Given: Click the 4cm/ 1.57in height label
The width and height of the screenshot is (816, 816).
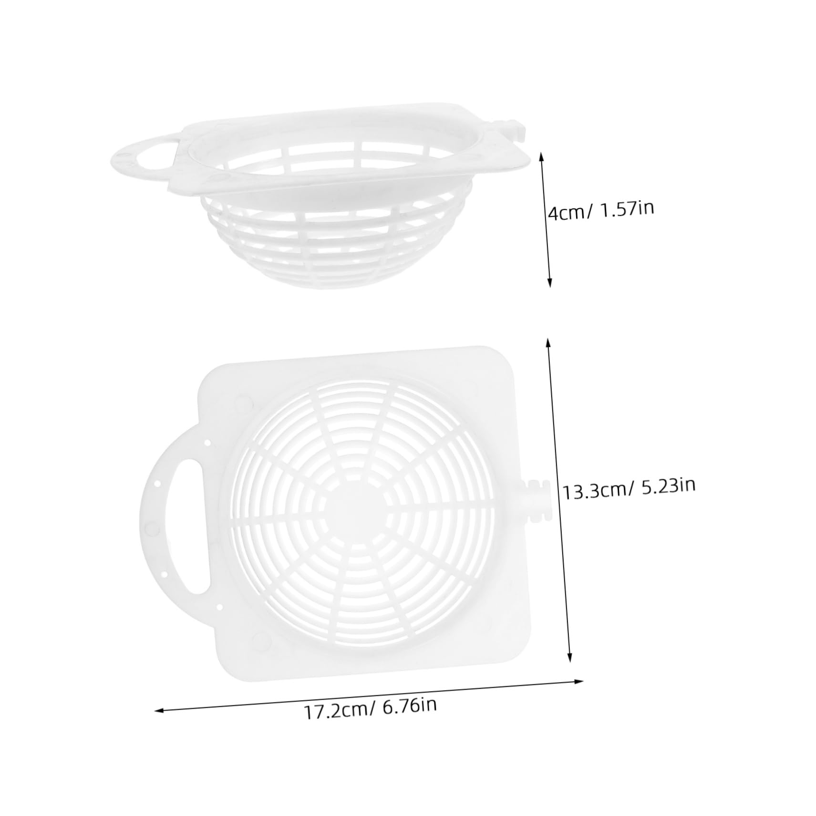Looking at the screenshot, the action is coord(600,210).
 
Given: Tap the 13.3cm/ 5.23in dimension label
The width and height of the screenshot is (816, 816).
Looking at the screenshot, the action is coord(629,488).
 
